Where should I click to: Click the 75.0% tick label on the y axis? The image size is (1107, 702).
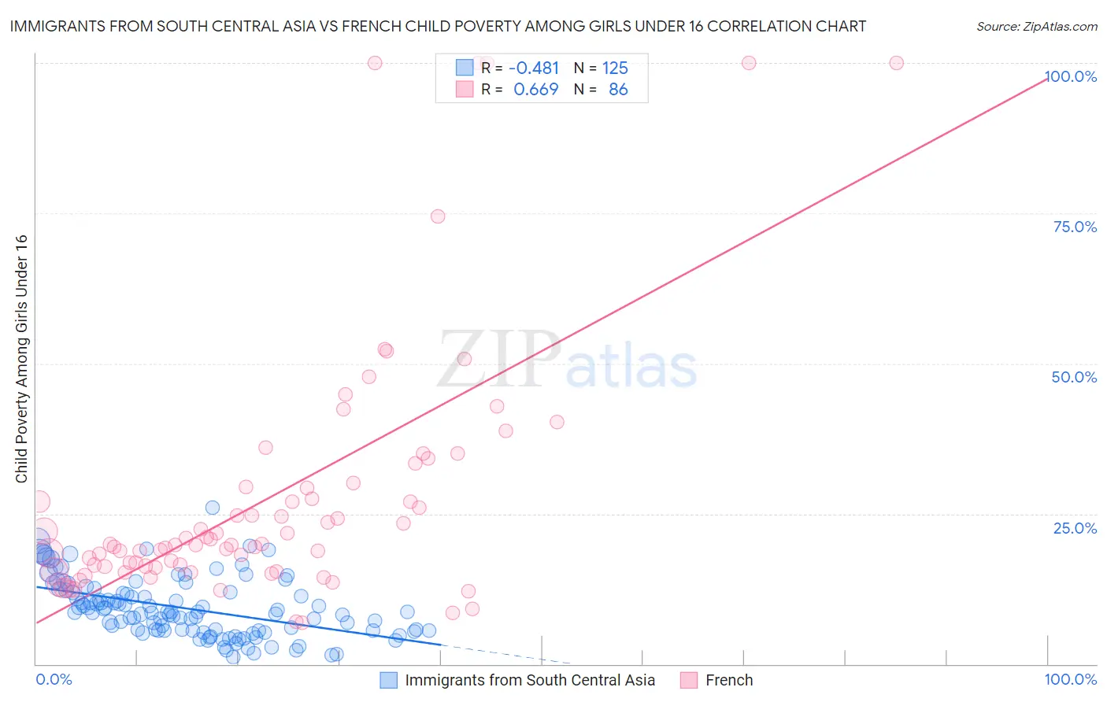[x=1075, y=227]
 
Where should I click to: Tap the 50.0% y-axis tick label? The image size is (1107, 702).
[x=1074, y=377]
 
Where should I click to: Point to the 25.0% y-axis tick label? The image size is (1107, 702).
[x=1075, y=528]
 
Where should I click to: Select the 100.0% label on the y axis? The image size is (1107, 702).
[x=1071, y=76]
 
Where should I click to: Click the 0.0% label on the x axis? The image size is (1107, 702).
[x=54, y=679]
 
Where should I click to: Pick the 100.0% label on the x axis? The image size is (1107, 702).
[x=1071, y=679]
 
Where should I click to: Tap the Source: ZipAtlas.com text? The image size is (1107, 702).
[x=1036, y=26]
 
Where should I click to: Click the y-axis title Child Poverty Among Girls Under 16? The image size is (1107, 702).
[x=21, y=359]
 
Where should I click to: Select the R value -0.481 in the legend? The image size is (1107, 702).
[x=534, y=68]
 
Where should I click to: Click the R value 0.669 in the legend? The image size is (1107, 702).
[x=535, y=90]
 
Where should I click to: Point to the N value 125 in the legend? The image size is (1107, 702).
[x=615, y=68]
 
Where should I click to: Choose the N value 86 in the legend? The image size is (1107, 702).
[x=618, y=90]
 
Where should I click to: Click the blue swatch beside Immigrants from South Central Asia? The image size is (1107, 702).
[x=388, y=680]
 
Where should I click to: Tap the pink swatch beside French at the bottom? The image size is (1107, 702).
[x=689, y=680]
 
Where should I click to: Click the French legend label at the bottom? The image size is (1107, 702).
[x=729, y=680]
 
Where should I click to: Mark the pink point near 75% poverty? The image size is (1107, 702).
[x=438, y=216]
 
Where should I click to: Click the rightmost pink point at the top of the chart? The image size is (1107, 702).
[x=896, y=63]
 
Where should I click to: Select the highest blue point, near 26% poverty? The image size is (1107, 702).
[x=213, y=508]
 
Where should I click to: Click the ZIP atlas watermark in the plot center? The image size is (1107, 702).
[x=567, y=360]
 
